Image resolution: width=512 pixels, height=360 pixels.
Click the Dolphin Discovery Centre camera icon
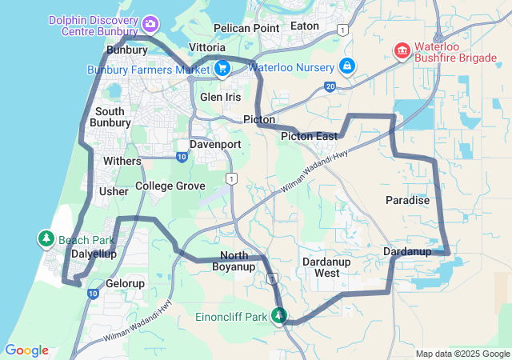150,26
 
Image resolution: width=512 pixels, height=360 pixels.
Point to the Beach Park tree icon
46,239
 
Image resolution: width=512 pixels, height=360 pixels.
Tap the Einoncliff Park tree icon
279,317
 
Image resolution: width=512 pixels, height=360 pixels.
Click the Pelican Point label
242,28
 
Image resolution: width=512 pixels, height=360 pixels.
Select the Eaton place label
305,26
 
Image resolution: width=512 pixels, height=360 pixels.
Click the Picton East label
309,137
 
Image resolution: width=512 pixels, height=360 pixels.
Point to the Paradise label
408,200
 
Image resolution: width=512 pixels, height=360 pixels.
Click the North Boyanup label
234,261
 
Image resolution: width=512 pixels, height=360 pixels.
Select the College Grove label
170,186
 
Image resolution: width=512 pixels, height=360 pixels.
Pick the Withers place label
122,161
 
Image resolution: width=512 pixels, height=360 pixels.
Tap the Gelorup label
126,283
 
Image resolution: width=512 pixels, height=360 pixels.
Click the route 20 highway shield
330,86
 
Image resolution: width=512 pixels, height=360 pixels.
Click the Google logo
26,350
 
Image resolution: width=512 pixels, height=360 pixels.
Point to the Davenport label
215,145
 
